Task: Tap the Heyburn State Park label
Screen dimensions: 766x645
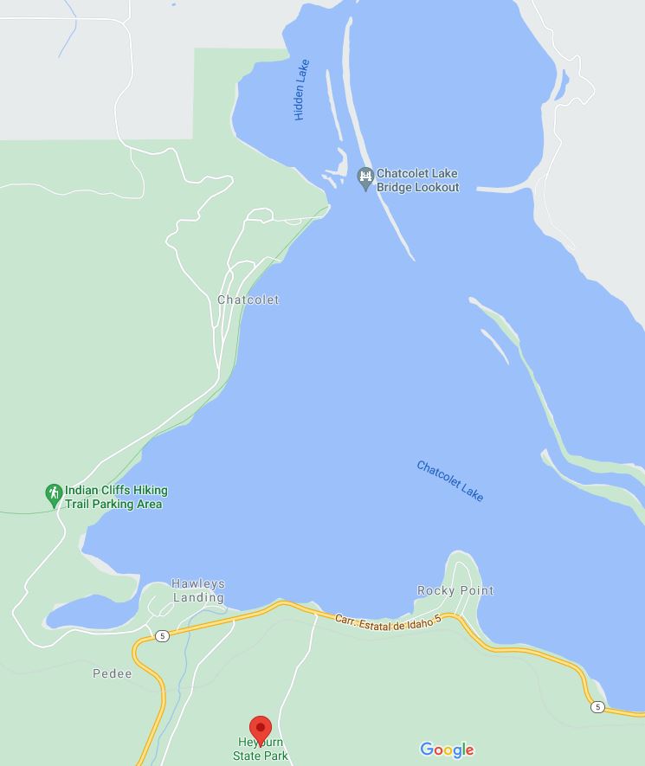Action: pos(261,750)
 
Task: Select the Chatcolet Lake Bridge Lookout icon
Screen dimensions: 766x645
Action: pos(365,179)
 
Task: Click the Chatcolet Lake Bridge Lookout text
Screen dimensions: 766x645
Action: pos(417,180)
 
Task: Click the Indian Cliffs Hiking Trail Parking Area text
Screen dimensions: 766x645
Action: pos(116,497)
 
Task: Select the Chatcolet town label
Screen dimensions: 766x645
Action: pos(248,300)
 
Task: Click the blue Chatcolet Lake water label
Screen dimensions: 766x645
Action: pos(450,480)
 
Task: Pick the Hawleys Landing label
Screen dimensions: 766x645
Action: pos(197,590)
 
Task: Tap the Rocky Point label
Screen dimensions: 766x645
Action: pos(455,590)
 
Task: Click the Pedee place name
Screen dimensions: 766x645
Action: pos(113,673)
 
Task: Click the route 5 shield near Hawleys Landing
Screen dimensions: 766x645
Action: pos(162,636)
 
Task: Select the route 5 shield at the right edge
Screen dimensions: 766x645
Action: pos(598,707)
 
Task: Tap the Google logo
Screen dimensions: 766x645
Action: pos(447,750)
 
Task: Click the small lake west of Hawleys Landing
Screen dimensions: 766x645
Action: pos(91,614)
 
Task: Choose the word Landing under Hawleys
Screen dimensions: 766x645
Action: pos(198,597)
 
